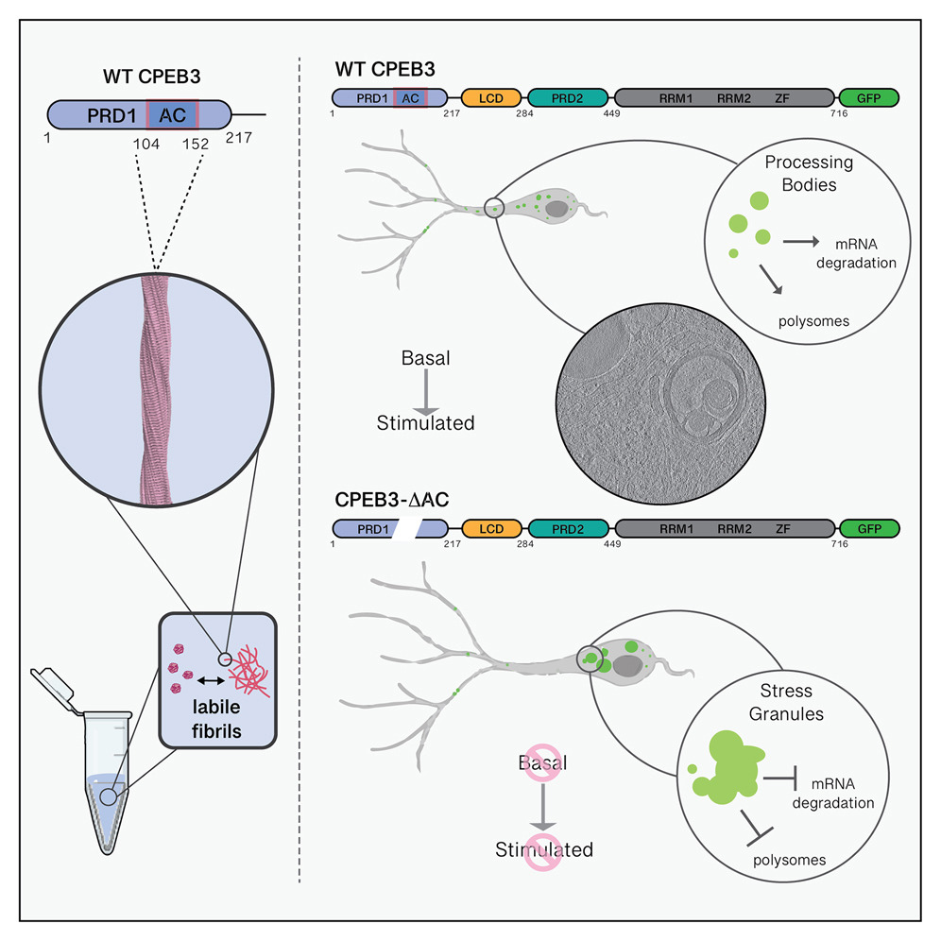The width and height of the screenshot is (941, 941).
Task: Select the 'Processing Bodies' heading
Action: (809, 172)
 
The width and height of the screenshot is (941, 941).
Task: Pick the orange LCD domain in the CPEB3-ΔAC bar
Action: (489, 529)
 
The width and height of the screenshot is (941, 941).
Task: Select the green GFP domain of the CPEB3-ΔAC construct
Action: (867, 529)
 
